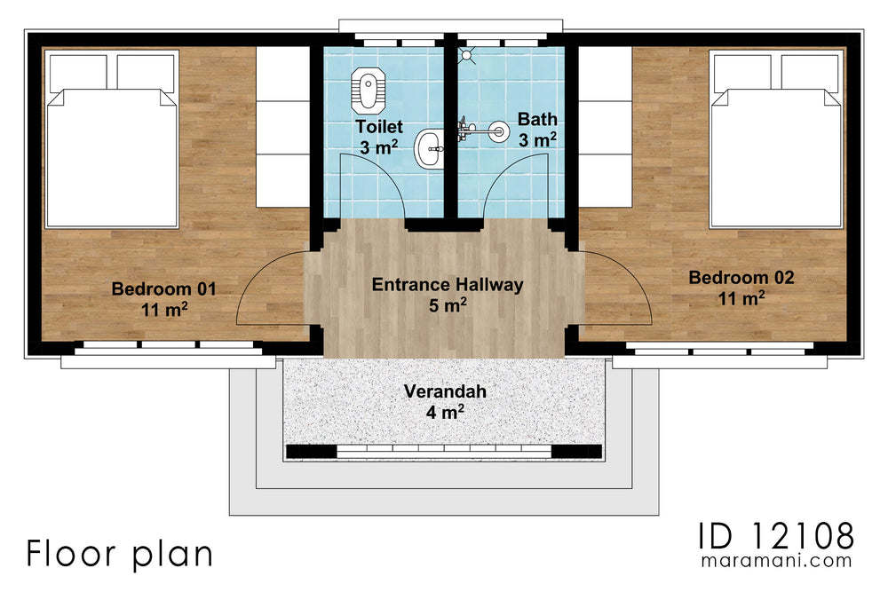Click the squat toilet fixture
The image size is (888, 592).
click(x=366, y=86)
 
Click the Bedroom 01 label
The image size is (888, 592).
click(x=164, y=298)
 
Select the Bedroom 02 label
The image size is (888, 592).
click(x=741, y=288)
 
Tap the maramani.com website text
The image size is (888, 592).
click(x=775, y=562)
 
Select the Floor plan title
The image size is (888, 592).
click(x=119, y=554)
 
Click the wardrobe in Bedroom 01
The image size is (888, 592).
click(x=282, y=126)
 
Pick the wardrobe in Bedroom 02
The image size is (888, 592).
click(x=605, y=126)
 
